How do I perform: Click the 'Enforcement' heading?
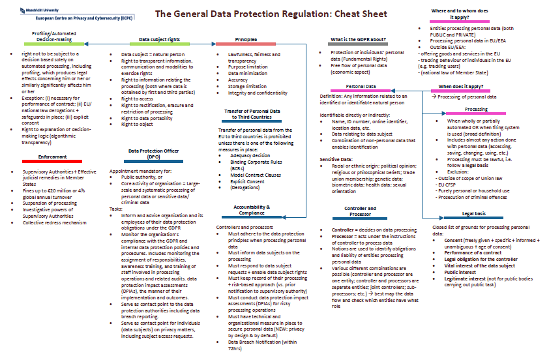[52, 157]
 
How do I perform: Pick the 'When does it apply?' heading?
[460, 86]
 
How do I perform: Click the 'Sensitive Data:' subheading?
[335, 159]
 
